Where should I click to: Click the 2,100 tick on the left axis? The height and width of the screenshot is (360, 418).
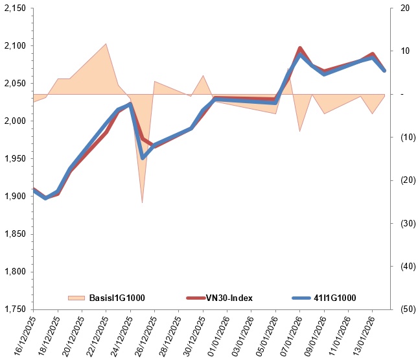coord(15,46)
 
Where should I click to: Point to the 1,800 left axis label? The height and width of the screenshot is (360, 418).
coord(15,271)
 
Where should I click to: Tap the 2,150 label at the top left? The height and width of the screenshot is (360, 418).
coord(15,8)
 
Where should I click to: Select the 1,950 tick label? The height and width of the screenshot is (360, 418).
coord(15,158)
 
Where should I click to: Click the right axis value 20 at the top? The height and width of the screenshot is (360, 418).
coord(405,8)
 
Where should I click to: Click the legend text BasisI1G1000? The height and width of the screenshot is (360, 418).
coord(117,298)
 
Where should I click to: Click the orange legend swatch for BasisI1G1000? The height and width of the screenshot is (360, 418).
coord(76,298)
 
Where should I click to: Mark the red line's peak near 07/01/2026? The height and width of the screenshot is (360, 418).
coord(299,48)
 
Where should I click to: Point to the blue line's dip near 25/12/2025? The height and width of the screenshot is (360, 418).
coord(143,157)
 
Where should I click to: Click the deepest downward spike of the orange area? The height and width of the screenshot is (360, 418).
coord(142,202)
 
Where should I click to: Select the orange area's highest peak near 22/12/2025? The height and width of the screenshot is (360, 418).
coord(106,44)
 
